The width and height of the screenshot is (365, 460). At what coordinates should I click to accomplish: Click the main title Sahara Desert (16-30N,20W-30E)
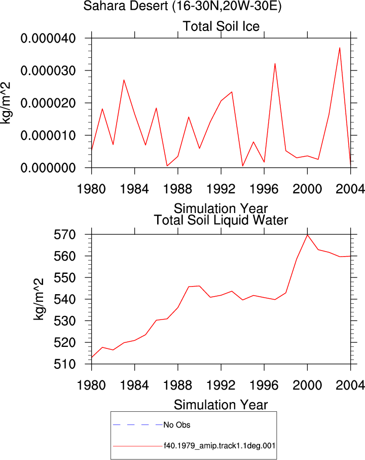[x=182, y=6]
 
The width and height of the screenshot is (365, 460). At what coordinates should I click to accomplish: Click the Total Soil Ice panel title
[x=221, y=26]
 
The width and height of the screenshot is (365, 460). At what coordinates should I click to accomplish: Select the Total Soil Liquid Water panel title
[x=221, y=220]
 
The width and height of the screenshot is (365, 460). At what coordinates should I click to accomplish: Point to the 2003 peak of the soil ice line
[x=340, y=48]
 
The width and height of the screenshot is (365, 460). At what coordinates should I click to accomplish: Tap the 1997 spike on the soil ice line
[x=275, y=63]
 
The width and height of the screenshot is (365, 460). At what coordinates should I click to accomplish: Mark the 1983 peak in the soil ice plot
[x=124, y=80]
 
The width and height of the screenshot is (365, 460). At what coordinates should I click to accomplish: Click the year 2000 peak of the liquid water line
[x=307, y=235]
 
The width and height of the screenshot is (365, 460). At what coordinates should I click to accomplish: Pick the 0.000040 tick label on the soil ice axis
[x=48, y=38]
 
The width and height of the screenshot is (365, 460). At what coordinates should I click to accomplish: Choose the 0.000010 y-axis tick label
[x=48, y=135]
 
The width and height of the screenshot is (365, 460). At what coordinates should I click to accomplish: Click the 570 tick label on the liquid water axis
[x=65, y=235]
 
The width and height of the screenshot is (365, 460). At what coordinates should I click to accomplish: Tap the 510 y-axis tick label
[x=65, y=364]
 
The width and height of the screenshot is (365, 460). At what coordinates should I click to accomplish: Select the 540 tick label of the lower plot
[x=65, y=299]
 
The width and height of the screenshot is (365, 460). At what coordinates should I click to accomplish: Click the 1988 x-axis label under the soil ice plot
[x=177, y=189]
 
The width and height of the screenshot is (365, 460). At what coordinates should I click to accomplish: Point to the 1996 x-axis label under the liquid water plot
[x=264, y=385]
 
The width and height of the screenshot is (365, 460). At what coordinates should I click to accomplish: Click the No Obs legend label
[x=177, y=425]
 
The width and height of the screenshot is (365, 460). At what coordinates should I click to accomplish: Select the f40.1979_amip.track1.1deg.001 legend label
[x=220, y=446]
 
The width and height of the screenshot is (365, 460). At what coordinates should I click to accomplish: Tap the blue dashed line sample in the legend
[x=138, y=424]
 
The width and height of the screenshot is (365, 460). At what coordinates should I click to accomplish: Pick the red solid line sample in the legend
[x=138, y=446]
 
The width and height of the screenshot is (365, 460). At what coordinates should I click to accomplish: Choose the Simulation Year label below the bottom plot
[x=221, y=405]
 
